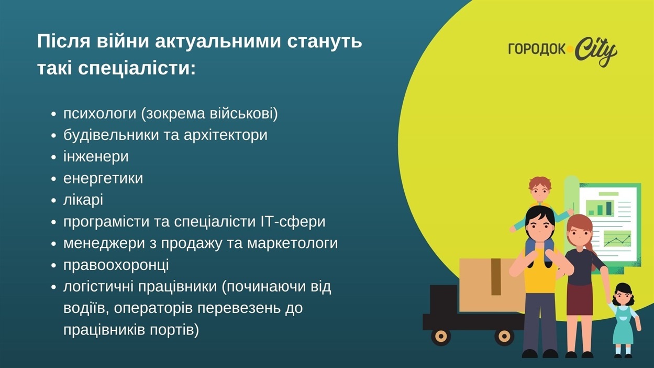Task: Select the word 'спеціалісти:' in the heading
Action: tap(137, 69)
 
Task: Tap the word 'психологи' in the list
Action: tap(100, 114)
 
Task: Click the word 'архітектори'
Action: tap(225, 135)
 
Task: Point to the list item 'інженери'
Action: tap(96, 156)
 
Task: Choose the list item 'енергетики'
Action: tap(103, 179)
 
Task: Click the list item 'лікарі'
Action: tap(83, 200)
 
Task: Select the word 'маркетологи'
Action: tap(293, 243)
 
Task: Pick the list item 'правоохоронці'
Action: tap(116, 265)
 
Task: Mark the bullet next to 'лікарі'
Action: tap(53, 201)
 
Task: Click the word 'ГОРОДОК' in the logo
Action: tap(537, 49)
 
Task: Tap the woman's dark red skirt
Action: tap(580, 298)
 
